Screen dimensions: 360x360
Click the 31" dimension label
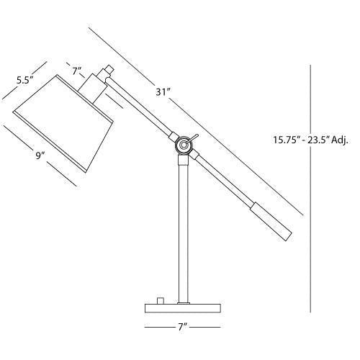[163, 91]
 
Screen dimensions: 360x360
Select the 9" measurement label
[40, 155]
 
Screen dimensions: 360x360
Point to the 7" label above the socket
[77, 71]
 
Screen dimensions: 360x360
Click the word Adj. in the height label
[338, 140]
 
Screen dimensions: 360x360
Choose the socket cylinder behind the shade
[92, 90]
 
